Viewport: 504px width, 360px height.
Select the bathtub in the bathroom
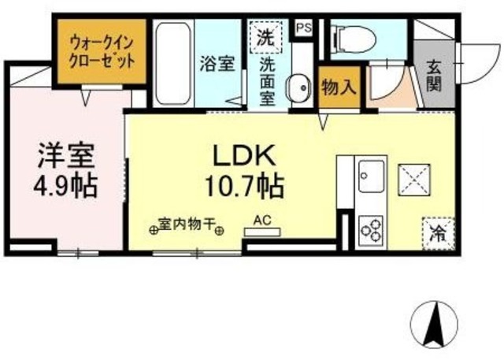[172, 60]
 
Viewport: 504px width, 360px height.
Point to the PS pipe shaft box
[304, 27]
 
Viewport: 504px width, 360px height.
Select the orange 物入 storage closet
[339, 87]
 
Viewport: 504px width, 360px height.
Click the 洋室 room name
[67, 155]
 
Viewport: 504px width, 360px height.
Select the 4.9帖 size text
[67, 187]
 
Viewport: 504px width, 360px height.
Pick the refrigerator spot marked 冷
[436, 232]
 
